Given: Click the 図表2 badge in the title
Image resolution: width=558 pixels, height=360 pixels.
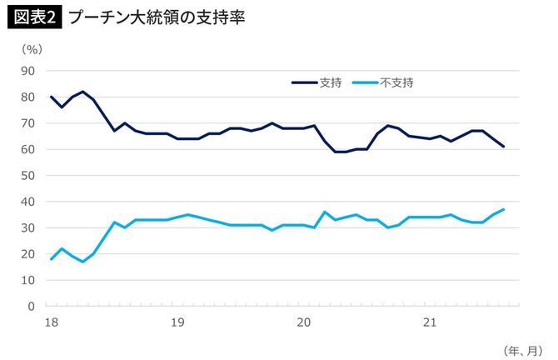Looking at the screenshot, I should coord(35,17).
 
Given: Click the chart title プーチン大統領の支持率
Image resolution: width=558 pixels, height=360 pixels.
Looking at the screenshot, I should coord(157,17).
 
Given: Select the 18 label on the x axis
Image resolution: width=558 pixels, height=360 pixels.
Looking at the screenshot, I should coord(51,321).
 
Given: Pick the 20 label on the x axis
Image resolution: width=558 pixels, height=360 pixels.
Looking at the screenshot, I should coord(304,321).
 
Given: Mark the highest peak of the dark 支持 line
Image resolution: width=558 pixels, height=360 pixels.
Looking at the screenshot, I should coord(82,92).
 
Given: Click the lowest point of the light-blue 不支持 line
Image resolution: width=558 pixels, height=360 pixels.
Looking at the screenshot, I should coord(82,262).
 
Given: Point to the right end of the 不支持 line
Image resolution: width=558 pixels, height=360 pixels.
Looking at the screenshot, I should coord(504,209).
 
